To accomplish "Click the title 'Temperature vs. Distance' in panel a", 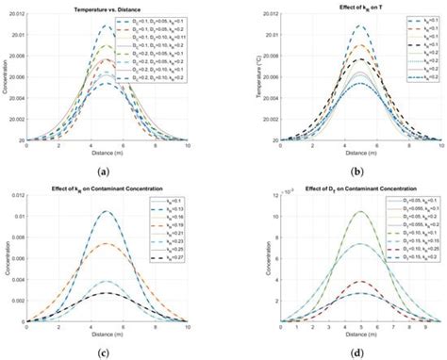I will [x=108, y=8].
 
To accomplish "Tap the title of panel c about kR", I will [x=108, y=189].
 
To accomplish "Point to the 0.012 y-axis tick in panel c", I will [x=16, y=198].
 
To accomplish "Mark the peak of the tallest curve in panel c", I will [x=108, y=211].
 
